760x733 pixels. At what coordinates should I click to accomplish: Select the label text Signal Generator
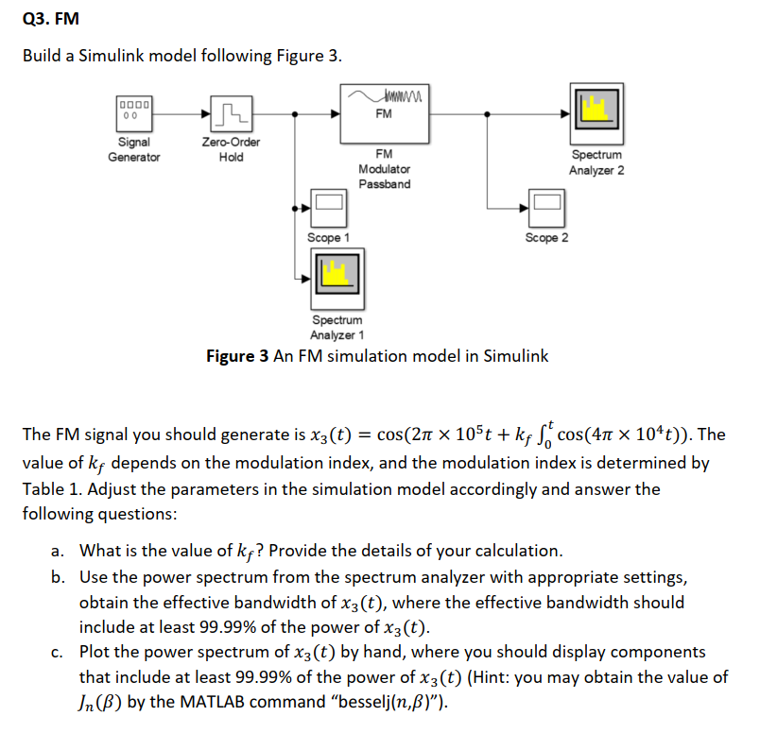pos(133,150)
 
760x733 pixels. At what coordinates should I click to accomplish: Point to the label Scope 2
pos(546,237)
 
